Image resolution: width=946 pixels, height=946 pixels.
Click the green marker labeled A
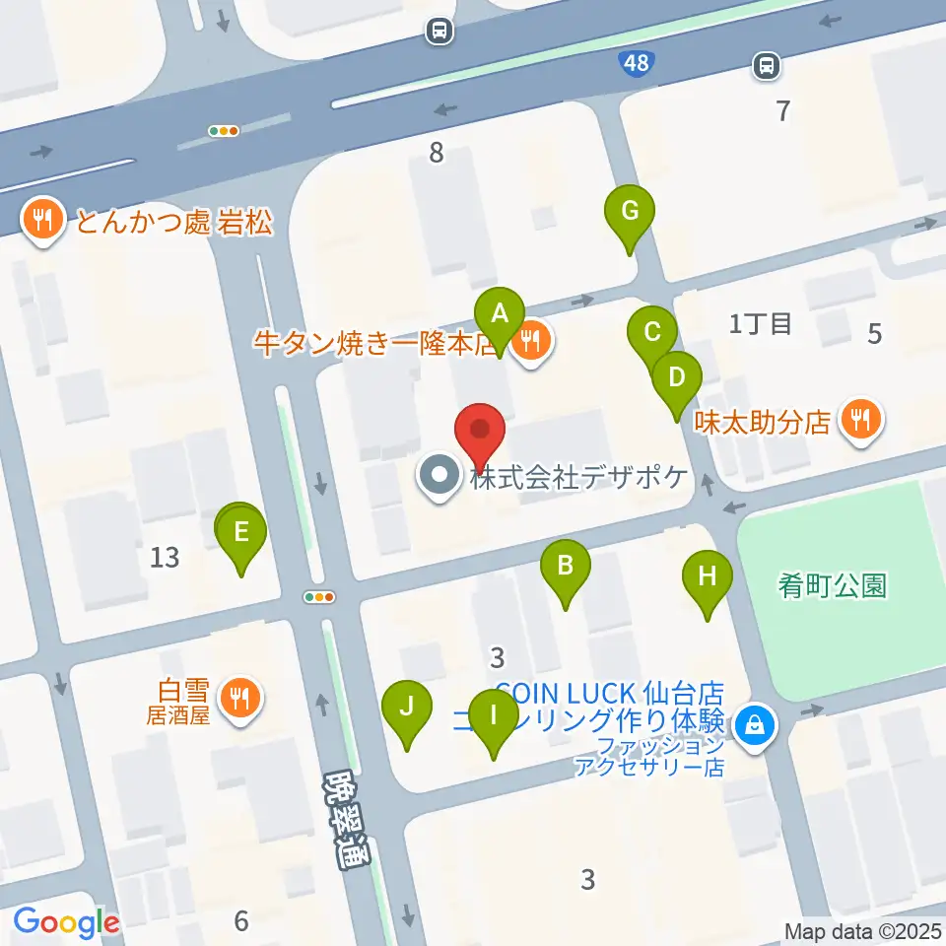point(500,314)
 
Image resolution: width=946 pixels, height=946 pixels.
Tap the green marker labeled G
point(630,210)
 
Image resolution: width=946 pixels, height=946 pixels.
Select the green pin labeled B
point(566,566)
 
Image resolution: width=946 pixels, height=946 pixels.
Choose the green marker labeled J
point(409,706)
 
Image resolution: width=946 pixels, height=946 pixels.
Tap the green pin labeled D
point(676,376)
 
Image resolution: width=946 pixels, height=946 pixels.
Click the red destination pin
point(480,431)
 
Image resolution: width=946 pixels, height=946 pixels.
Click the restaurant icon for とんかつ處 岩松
point(41,219)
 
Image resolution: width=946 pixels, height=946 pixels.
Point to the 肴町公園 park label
point(833,586)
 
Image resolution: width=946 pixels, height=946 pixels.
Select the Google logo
point(66,922)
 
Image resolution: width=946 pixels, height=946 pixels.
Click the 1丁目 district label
point(760,323)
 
